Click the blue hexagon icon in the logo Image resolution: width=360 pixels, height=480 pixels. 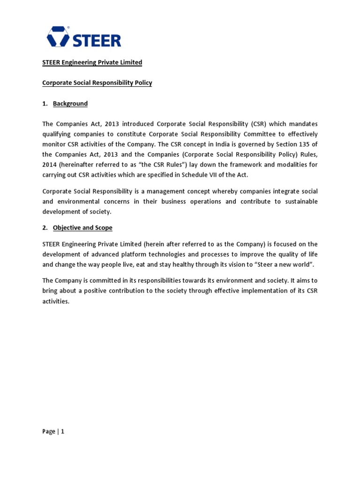(x=57, y=37)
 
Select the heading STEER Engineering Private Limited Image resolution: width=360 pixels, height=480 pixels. (x=92, y=62)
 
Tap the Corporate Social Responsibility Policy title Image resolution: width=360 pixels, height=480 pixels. (x=97, y=83)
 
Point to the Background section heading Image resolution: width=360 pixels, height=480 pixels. (x=70, y=104)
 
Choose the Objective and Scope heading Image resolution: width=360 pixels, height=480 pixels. (x=82, y=228)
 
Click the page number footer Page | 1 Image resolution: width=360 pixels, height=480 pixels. (x=53, y=432)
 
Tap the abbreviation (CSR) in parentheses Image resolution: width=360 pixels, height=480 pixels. (x=259, y=124)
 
